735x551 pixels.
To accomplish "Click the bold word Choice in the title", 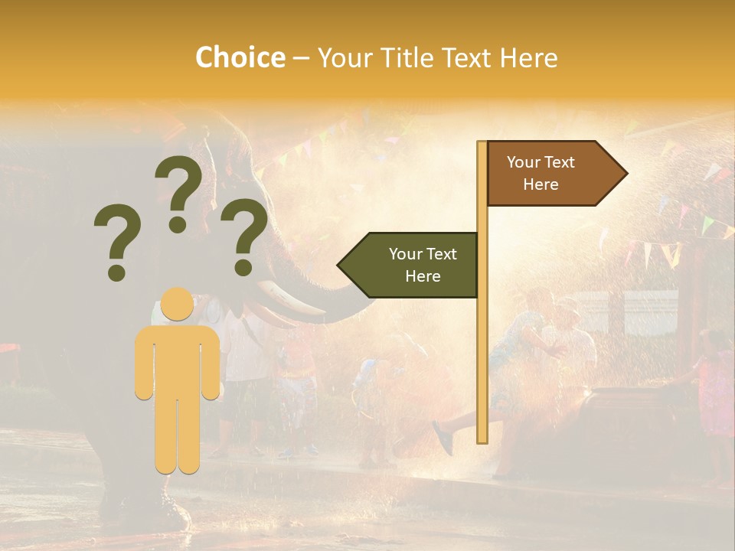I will point(240,58).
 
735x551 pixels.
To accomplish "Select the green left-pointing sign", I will point(413,265).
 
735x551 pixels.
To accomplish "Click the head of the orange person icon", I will point(178,305).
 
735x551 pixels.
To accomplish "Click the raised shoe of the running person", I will point(443,437).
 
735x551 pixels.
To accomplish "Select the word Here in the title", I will point(528,58).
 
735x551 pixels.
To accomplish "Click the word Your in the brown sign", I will point(524,162).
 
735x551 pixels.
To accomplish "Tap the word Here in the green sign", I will point(423,276).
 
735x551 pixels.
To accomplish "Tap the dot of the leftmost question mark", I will point(116,272).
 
